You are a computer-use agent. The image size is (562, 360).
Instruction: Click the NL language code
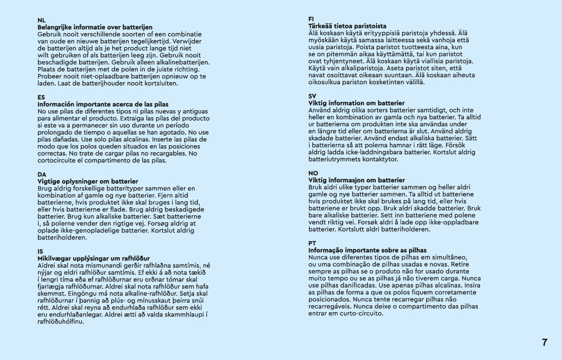tap(42, 20)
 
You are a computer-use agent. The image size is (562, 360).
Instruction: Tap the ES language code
tap(41, 97)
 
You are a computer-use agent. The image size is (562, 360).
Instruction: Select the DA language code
tap(42, 174)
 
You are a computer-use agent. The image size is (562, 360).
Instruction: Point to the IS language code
tap(41, 251)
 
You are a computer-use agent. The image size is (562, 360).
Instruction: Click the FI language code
tap(311, 19)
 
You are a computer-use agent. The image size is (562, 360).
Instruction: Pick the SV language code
tap(313, 96)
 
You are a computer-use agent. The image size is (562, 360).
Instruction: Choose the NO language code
tap(314, 173)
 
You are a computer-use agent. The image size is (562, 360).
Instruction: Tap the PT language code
tap(313, 243)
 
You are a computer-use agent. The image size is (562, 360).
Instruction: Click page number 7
tap(545, 342)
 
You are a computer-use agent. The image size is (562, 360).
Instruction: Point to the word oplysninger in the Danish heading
tap(77, 181)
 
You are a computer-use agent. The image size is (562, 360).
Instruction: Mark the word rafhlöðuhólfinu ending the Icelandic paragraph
tap(60, 321)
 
